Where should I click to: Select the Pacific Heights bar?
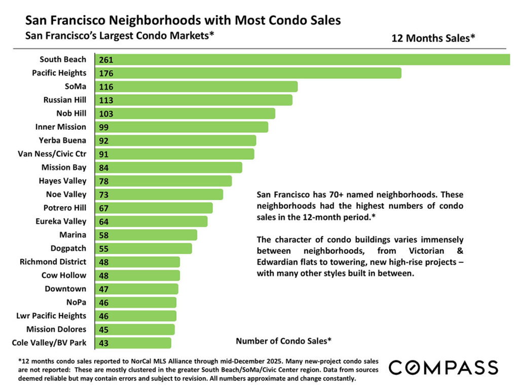click(248, 73)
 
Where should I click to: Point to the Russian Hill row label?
click(65, 100)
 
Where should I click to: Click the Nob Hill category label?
click(71, 113)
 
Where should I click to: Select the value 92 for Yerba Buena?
click(104, 140)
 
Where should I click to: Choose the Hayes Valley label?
click(62, 181)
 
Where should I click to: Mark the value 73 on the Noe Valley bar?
click(104, 194)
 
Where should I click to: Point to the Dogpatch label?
click(68, 248)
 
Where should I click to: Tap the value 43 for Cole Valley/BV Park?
click(104, 343)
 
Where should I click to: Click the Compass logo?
click(443, 367)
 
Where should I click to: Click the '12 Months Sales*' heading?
click(433, 38)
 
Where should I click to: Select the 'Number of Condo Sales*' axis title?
click(283, 341)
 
